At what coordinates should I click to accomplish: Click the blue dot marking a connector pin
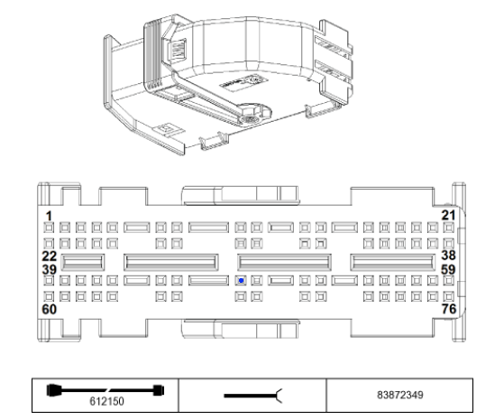click(241, 281)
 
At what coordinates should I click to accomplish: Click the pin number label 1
click(49, 217)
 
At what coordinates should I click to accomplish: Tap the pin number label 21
click(448, 215)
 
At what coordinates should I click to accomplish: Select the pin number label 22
click(50, 256)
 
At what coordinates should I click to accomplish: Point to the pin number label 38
click(448, 255)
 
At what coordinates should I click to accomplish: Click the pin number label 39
click(50, 270)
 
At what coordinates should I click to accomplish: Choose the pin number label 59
click(448, 270)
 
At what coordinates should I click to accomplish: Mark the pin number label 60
click(50, 309)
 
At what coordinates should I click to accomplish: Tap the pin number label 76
click(449, 309)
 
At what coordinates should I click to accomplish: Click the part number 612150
click(106, 401)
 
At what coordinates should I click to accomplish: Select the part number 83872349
click(400, 395)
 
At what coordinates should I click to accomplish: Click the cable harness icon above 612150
click(105, 390)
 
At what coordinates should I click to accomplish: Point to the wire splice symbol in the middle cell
click(253, 396)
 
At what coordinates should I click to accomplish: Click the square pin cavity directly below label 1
click(49, 228)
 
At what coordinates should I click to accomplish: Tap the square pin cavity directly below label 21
click(449, 228)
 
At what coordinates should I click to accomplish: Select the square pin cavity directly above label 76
click(449, 296)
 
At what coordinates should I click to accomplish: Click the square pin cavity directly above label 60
click(49, 296)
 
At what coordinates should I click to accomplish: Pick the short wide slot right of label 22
click(83, 262)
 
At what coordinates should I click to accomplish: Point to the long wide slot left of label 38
click(393, 262)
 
